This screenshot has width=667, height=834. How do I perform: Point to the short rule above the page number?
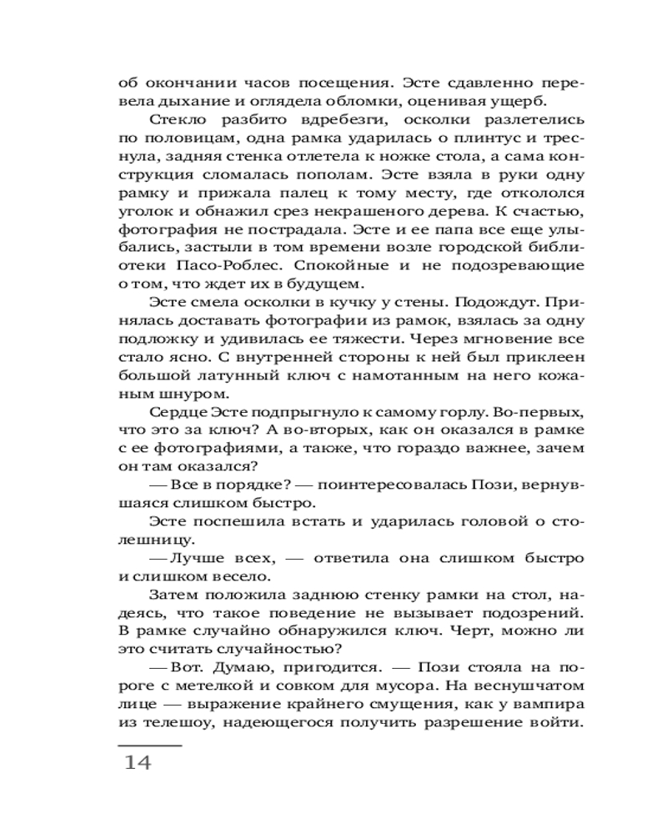tap(150, 744)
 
